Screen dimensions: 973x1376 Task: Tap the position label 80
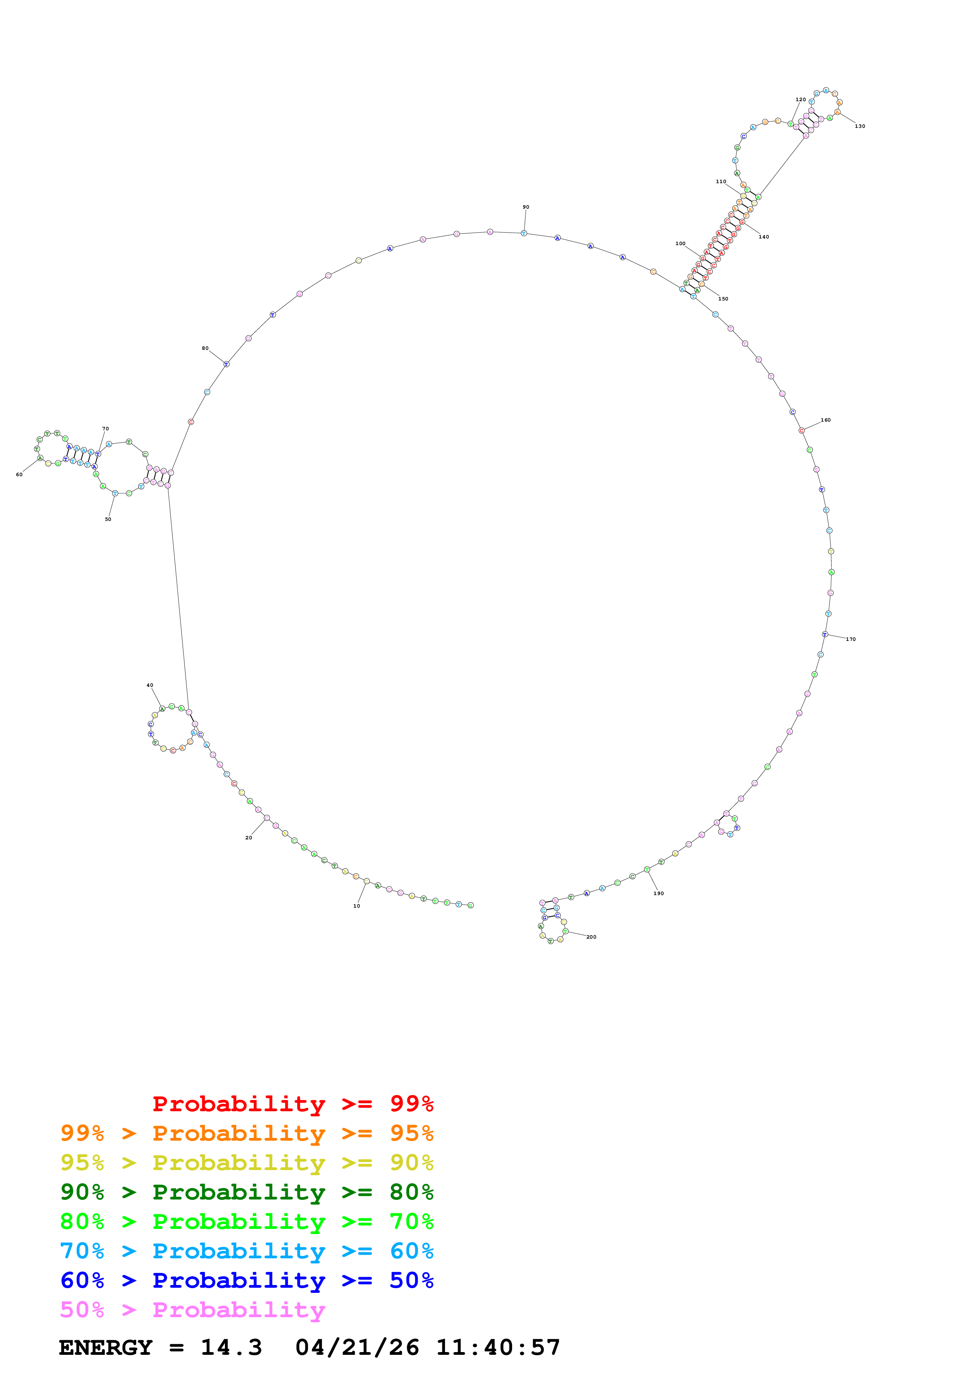tap(205, 348)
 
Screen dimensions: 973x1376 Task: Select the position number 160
tap(825, 420)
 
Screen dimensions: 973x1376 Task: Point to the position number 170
tap(851, 639)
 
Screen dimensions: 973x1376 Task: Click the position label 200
tap(591, 937)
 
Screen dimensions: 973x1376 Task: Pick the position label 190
tap(658, 894)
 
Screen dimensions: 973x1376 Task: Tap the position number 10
tap(357, 906)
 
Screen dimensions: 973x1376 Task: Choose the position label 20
tap(249, 838)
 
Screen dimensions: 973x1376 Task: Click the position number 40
tap(150, 685)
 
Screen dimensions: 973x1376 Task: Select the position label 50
tap(108, 519)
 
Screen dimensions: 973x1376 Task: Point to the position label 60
tap(19, 475)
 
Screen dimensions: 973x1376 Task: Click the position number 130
tap(860, 126)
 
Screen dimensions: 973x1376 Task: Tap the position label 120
tap(800, 100)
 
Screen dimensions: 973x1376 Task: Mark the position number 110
tap(721, 182)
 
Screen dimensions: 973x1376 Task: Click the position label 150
tap(723, 299)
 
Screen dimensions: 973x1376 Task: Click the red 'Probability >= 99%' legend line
tap(292, 1104)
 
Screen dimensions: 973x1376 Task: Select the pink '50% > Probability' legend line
tap(192, 1310)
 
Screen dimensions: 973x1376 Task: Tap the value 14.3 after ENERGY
tap(232, 1348)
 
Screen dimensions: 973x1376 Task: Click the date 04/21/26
tap(357, 1348)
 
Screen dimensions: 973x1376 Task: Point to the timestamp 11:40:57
tap(498, 1348)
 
